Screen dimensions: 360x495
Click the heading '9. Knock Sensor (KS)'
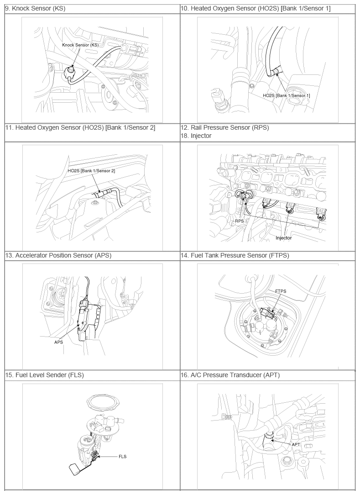(35, 9)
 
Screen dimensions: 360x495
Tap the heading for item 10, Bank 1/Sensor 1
(256, 9)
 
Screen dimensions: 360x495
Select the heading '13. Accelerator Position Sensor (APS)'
(58, 255)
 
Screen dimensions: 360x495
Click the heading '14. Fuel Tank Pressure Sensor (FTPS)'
(235, 255)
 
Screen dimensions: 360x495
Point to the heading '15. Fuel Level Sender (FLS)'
(45, 375)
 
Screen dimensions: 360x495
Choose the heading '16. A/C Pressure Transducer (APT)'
(230, 375)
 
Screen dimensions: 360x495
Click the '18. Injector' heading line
(196, 136)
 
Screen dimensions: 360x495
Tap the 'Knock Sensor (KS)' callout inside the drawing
(80, 45)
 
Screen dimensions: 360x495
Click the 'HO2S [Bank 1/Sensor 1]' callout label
(286, 95)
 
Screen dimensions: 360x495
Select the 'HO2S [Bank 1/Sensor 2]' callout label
(91, 171)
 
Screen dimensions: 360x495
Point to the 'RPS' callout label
(240, 221)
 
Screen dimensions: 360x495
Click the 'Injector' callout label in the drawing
(284, 238)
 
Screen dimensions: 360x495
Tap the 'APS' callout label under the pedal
(59, 342)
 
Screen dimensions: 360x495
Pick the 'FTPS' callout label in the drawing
(281, 291)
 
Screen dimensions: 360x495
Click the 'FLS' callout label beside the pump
(122, 457)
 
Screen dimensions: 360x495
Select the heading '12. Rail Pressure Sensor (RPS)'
(224, 127)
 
